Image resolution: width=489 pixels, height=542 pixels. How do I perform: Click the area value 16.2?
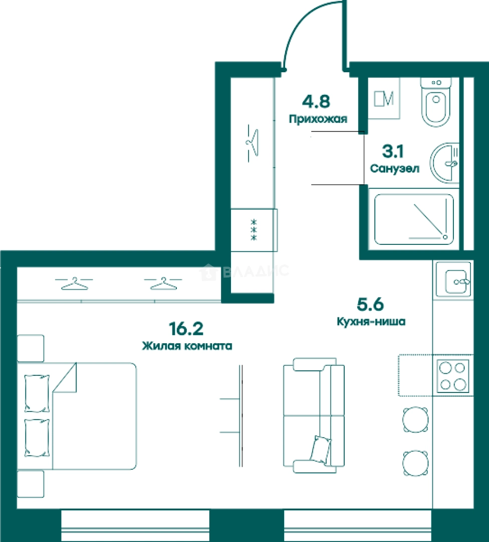pos(186,329)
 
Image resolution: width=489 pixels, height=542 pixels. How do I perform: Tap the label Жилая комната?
pos(187,346)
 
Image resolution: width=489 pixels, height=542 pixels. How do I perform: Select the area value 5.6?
pos(370,305)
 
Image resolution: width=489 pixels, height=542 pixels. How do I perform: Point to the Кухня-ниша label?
pos(371,322)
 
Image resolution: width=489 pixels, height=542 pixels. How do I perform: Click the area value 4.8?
pos(316,101)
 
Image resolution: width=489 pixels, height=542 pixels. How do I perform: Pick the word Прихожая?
pos(318,119)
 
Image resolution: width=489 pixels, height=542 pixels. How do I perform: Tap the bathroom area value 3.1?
pos(393,151)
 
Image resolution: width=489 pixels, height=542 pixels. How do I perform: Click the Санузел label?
pos(395,168)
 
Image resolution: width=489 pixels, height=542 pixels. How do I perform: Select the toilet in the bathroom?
pos(436,102)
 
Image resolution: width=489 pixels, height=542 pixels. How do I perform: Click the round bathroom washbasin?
pos(444,163)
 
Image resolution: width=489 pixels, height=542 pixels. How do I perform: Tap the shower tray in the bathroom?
pos(414,219)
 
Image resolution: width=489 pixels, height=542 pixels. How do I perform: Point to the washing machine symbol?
pos(384,98)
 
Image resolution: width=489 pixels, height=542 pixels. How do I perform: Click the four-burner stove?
pos(453,376)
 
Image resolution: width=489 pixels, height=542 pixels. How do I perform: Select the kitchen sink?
pos(453,280)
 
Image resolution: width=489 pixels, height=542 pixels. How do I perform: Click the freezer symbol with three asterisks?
pos(254,230)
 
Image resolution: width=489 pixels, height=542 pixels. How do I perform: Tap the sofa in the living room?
pos(314,416)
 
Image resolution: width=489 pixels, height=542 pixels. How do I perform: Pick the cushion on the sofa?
pos(321,449)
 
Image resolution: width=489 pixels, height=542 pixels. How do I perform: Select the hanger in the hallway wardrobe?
pos(253,143)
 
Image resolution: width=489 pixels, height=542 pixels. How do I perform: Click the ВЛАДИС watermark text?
pos(256,270)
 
